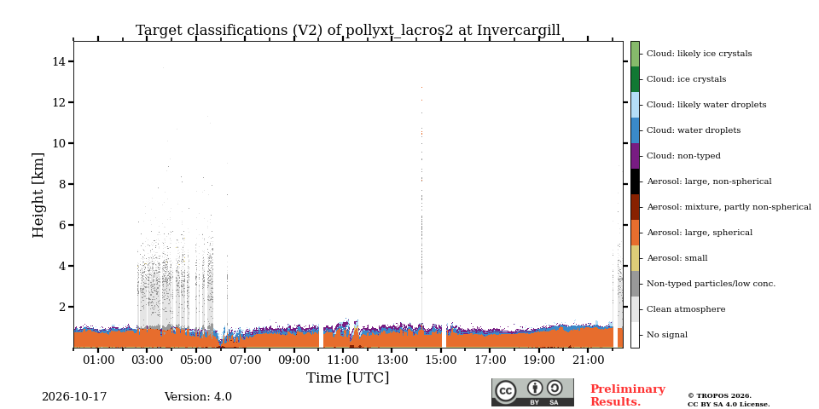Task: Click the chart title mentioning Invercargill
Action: (348, 31)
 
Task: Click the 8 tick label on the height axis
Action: (62, 184)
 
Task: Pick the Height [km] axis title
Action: (38, 195)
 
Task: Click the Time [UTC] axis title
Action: (348, 377)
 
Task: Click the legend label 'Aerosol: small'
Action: (677, 258)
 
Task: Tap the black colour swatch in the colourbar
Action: (635, 181)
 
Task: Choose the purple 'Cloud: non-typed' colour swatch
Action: (635, 156)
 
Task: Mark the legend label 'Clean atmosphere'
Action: (686, 309)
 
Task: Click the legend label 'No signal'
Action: (667, 335)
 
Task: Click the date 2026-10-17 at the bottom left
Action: (74, 397)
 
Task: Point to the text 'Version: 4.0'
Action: (198, 397)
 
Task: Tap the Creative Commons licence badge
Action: (532, 392)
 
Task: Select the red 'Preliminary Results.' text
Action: (628, 395)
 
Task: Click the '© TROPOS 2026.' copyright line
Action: (719, 396)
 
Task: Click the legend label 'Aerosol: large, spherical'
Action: (700, 233)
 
